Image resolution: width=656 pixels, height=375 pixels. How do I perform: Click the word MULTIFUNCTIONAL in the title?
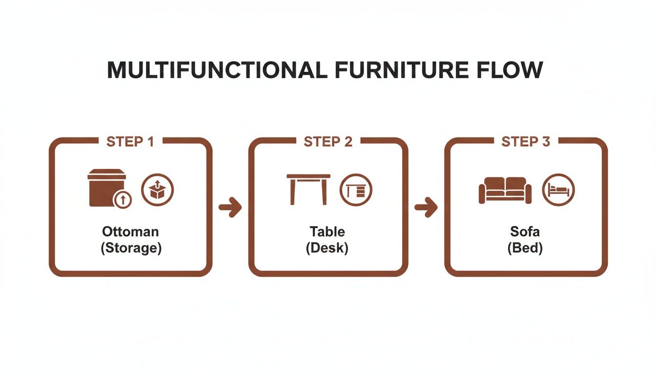click(x=217, y=71)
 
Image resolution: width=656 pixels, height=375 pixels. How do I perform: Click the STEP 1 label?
click(x=130, y=142)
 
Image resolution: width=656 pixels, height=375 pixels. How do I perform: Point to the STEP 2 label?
click(x=328, y=142)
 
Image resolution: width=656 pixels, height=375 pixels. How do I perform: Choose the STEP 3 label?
click(x=526, y=142)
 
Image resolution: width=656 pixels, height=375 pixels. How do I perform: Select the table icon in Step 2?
click(x=308, y=189)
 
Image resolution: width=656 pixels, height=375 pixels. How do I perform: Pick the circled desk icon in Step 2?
click(x=356, y=190)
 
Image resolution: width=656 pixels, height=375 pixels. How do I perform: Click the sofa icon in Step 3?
click(x=505, y=190)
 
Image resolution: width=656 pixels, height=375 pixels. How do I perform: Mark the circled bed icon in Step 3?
click(x=559, y=190)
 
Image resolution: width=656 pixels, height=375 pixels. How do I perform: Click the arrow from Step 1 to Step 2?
click(x=230, y=208)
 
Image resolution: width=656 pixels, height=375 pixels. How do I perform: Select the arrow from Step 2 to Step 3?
click(x=426, y=208)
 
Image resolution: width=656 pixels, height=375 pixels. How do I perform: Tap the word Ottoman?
click(x=131, y=231)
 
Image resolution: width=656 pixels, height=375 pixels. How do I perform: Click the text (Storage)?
click(x=131, y=248)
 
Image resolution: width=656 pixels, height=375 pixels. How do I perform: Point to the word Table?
click(x=327, y=231)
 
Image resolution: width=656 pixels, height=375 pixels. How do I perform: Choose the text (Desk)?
click(x=327, y=248)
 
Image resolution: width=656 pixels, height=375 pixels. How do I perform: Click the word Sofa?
click(x=525, y=231)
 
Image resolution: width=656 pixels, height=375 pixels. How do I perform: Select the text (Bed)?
click(x=525, y=248)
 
